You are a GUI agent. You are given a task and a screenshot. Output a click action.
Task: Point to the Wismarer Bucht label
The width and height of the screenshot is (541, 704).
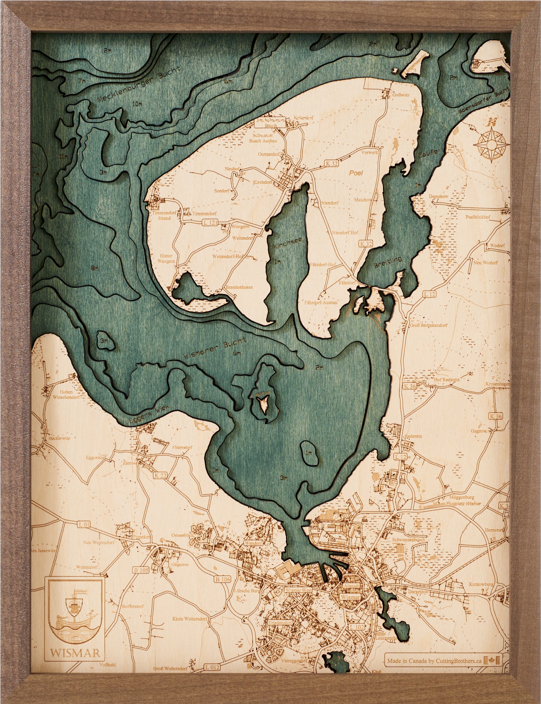[x=214, y=348]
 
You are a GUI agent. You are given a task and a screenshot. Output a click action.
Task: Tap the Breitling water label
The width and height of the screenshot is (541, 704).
[x=388, y=262]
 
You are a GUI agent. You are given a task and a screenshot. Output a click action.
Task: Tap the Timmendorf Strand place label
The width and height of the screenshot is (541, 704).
[x=164, y=215]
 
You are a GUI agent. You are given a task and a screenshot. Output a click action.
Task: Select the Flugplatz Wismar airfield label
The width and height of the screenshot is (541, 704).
[x=463, y=504]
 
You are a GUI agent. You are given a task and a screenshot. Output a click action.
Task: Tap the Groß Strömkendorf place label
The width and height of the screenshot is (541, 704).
[x=428, y=325]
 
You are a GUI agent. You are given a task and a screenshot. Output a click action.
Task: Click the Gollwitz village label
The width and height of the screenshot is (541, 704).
[x=401, y=95]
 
